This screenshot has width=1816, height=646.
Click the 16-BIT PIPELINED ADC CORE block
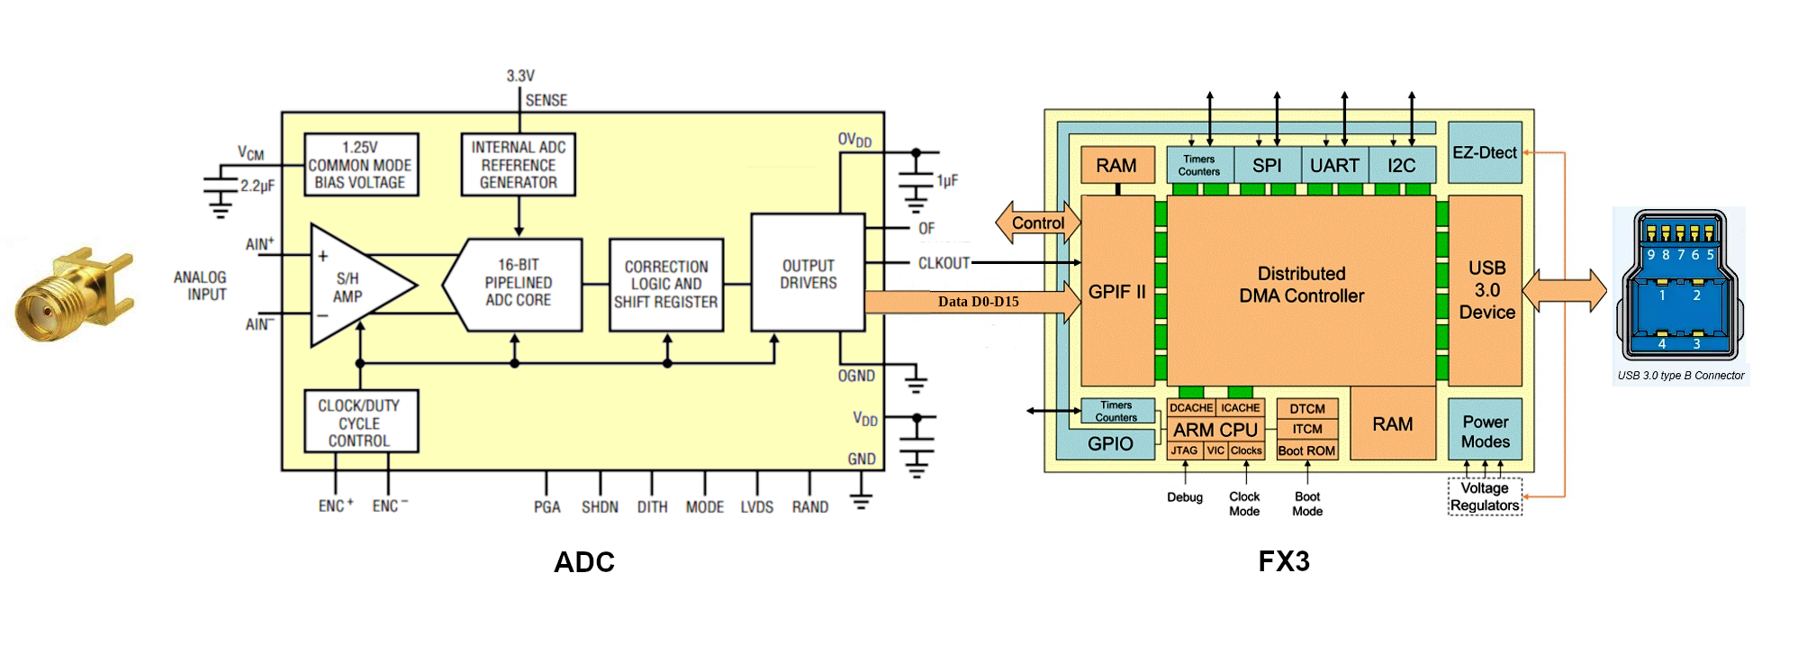(x=518, y=283)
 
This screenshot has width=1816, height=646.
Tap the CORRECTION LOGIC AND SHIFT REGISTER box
(x=666, y=285)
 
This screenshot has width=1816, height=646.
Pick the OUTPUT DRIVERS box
(x=808, y=274)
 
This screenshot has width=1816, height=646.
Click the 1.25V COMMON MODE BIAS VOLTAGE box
(x=361, y=165)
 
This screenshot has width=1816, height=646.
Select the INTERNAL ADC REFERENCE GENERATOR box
(x=518, y=165)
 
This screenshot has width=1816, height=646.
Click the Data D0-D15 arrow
(x=977, y=302)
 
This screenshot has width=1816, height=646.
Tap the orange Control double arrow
(x=1037, y=223)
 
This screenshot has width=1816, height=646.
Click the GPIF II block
(x=1116, y=291)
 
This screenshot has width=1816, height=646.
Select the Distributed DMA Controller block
(x=1301, y=285)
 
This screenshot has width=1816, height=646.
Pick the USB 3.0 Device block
(x=1486, y=290)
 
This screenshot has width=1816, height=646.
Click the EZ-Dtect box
(x=1485, y=153)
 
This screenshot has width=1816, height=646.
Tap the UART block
(x=1334, y=166)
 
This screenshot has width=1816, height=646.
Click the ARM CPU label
(x=1215, y=430)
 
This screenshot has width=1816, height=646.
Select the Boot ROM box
(x=1306, y=450)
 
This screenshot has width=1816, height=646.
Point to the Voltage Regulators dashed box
(x=1485, y=496)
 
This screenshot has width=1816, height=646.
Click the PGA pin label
(x=547, y=507)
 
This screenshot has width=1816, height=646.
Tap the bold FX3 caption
(x=1283, y=561)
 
